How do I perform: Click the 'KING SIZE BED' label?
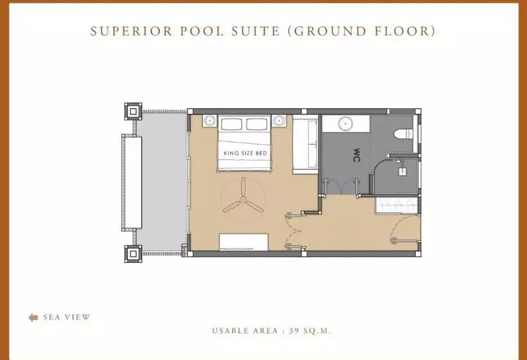point(246,153)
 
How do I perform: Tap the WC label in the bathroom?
point(357,156)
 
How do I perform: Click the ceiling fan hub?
point(243,201)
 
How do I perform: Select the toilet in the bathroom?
point(404,134)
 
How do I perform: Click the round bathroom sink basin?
point(345,123)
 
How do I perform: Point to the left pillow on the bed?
point(231,124)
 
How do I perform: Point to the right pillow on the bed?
point(256,124)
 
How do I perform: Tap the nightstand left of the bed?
point(210,121)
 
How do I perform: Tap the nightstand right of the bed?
point(279,121)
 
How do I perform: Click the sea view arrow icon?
point(33,318)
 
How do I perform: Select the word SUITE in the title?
point(255,32)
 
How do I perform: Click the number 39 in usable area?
point(294,331)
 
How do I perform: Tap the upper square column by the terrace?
point(133,111)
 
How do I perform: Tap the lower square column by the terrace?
point(133,254)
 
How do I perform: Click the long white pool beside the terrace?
point(132,183)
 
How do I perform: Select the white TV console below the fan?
point(244,242)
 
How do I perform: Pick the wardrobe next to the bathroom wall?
point(305,145)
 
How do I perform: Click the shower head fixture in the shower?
point(402,172)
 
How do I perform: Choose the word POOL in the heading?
point(202,32)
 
